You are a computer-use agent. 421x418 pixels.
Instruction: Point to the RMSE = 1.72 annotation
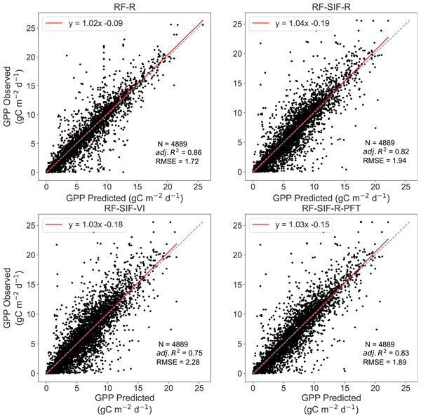pos(177,162)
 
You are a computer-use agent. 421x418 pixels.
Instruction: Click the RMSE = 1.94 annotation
pos(384,162)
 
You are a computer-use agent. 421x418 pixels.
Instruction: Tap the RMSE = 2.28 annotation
pos(177,363)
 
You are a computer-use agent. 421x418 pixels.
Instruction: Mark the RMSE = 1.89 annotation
pos(384,363)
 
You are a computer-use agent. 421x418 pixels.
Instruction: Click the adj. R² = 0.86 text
pos(178,151)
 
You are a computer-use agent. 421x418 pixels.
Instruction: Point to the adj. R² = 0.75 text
pos(178,352)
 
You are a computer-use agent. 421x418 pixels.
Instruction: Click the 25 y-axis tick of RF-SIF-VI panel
pos(33,225)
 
